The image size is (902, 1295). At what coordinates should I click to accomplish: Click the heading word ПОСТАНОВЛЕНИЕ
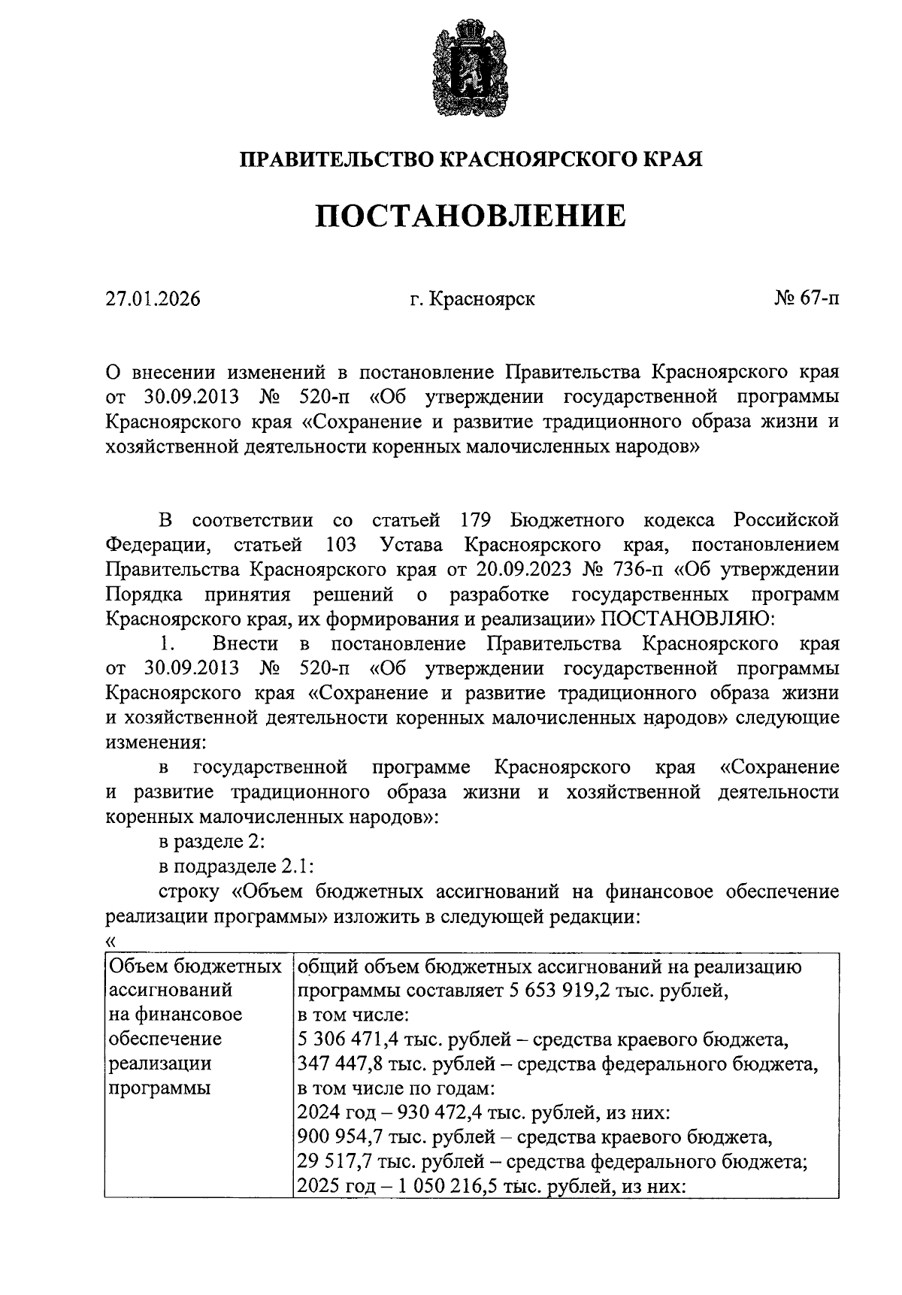[x=469, y=216]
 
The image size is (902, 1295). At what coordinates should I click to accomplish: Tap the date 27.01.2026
[x=153, y=299]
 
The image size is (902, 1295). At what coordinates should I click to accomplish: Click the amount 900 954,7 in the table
[x=342, y=1138]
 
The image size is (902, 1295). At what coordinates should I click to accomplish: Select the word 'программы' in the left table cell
[x=160, y=1088]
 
